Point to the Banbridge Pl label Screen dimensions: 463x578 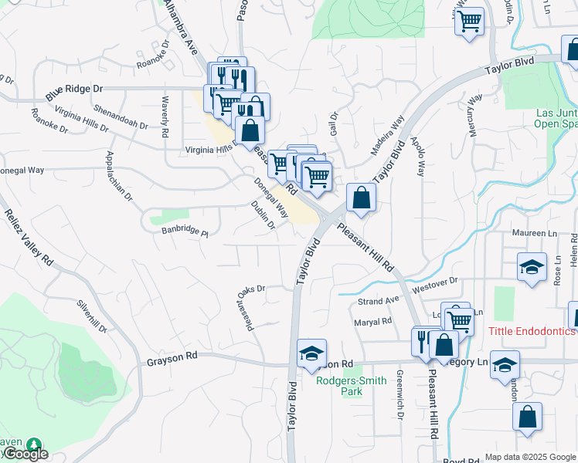click(x=185, y=230)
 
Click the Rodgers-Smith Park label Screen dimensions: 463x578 click(x=340, y=386)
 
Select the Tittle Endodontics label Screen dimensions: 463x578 click(x=532, y=331)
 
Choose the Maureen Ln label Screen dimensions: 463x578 click(x=534, y=232)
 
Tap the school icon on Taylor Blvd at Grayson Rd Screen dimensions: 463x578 click(x=311, y=354)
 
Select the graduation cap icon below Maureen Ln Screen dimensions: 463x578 click(x=532, y=268)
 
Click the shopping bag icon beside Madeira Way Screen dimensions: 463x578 click(x=361, y=198)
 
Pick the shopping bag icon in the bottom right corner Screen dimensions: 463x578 click(x=527, y=417)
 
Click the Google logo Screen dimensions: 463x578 click(x=26, y=454)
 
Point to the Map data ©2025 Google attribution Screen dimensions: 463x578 click(x=529, y=456)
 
